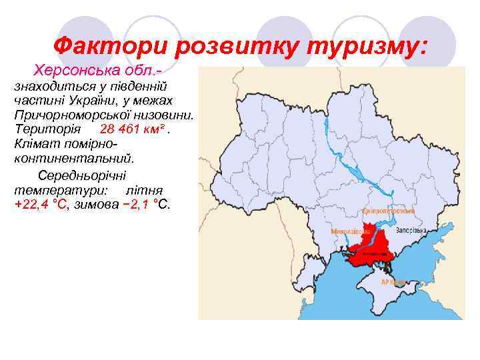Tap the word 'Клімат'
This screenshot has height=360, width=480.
click(x=35, y=144)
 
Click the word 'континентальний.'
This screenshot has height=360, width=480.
click(x=73, y=159)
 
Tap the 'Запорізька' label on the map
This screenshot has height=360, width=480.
click(x=411, y=231)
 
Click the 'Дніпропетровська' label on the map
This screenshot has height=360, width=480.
click(x=389, y=210)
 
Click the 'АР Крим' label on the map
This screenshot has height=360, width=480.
click(x=393, y=282)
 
